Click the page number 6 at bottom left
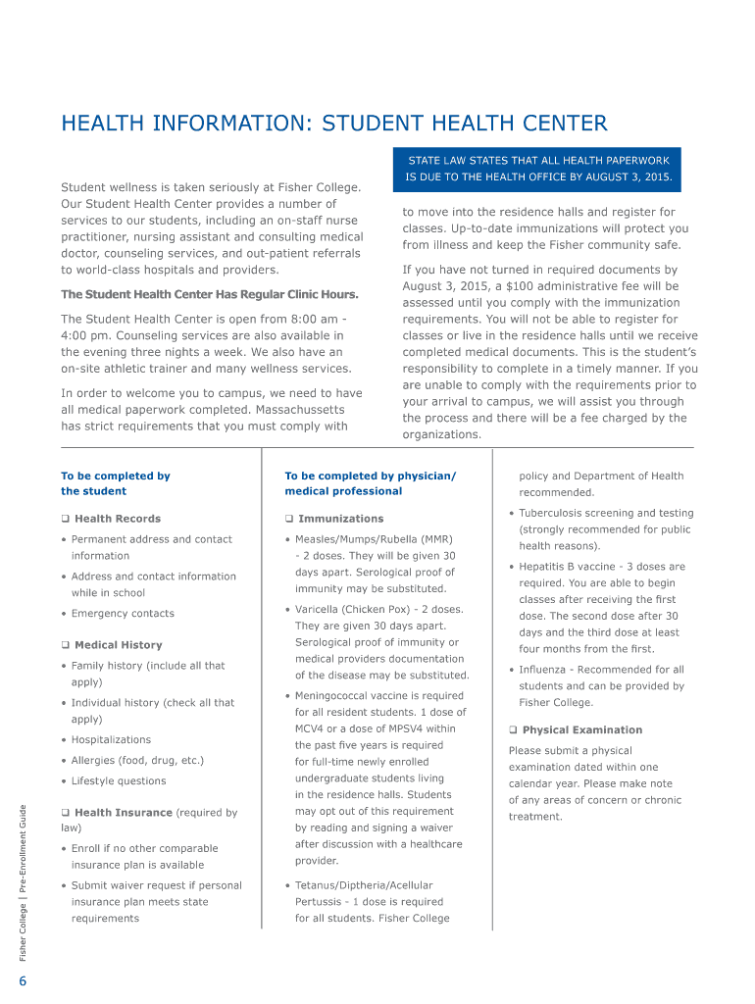22,983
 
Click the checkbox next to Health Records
65,519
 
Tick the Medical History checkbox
65,645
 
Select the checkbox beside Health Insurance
65,813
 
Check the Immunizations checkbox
289,519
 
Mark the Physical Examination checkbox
513,730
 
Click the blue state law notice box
539,168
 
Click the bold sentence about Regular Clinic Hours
210,294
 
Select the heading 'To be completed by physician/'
370,476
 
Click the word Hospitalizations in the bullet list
111,739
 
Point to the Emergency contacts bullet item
123,614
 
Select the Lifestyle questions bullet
119,781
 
